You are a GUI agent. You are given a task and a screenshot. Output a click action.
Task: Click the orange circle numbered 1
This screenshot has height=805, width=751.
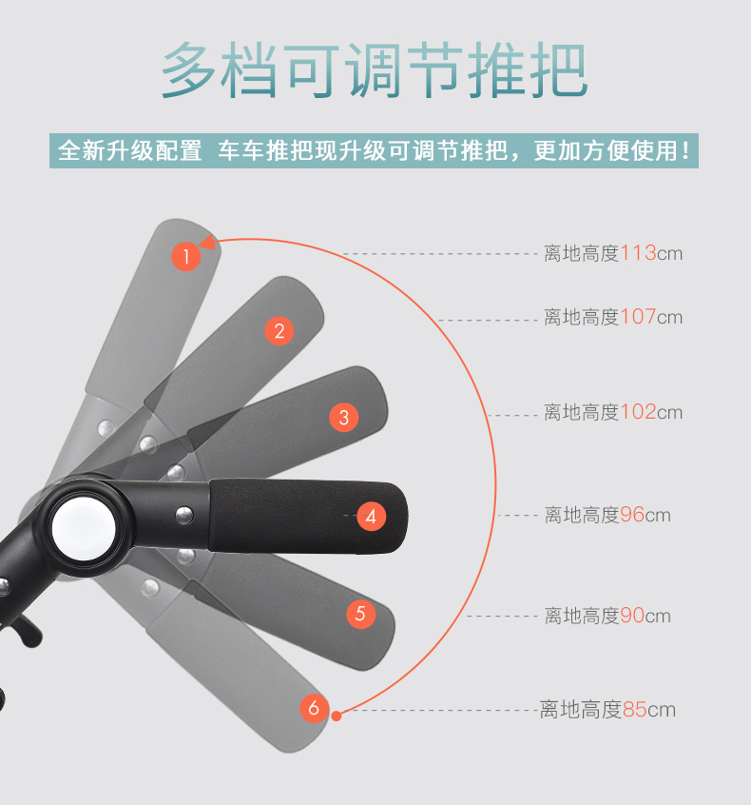(x=186, y=255)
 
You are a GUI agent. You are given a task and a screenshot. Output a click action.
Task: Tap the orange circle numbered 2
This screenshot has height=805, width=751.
(x=279, y=330)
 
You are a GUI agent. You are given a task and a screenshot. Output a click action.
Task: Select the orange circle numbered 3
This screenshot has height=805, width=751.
(x=344, y=417)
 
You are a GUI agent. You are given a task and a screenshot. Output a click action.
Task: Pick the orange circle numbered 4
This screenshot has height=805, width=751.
(x=371, y=517)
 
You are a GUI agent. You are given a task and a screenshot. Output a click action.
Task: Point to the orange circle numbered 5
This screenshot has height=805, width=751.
(x=359, y=614)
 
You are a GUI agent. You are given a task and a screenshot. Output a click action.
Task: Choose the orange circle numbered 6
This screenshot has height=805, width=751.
(x=314, y=708)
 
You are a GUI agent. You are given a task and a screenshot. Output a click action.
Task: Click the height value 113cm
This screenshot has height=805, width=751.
(x=651, y=253)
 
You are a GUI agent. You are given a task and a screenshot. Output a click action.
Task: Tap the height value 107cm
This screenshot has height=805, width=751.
(x=651, y=317)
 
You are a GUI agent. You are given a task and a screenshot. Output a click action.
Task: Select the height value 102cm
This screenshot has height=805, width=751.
(x=651, y=412)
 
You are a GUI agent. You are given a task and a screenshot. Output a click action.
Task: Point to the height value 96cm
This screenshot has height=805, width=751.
(x=645, y=515)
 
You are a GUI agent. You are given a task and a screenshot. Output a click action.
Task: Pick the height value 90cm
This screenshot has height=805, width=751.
(x=645, y=616)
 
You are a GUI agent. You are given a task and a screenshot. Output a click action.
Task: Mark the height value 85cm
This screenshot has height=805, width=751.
(x=648, y=709)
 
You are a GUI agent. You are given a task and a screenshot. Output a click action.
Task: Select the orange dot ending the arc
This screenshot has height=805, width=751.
(x=336, y=711)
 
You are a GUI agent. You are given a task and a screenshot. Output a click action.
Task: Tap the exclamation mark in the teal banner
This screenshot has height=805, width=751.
(x=687, y=151)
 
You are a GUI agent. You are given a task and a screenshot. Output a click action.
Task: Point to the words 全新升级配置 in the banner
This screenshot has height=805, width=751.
(x=130, y=151)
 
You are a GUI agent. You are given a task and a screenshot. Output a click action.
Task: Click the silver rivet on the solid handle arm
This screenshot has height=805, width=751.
(x=183, y=515)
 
